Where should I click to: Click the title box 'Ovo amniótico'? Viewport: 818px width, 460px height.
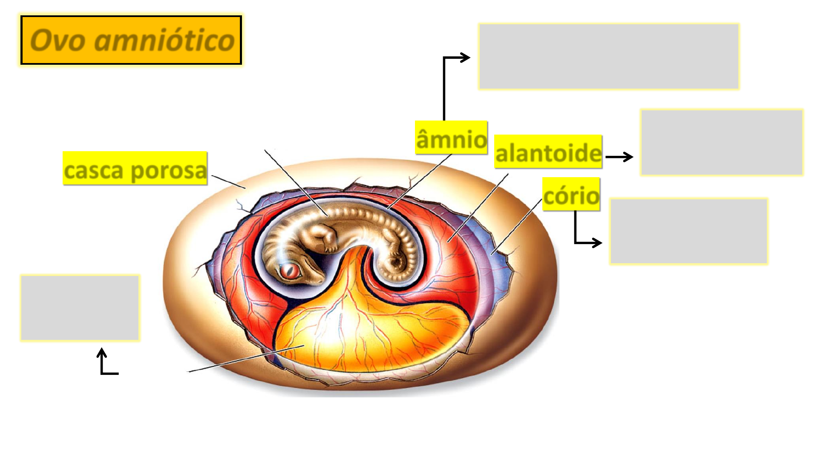tap(131, 40)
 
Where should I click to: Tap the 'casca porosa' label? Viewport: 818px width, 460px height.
tap(135, 169)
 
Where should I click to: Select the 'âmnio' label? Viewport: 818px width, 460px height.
tap(451, 138)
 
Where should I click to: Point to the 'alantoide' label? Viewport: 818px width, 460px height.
tap(548, 152)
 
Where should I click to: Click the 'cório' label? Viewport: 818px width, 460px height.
tap(571, 194)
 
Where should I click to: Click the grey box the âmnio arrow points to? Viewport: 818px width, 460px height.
tap(608, 56)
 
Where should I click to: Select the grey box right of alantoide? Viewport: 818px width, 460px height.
tap(721, 142)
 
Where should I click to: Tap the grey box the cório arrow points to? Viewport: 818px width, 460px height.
tap(688, 231)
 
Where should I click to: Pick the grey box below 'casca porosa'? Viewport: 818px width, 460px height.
tap(80, 308)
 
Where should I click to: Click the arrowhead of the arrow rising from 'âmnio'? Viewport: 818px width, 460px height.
tap(465, 57)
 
